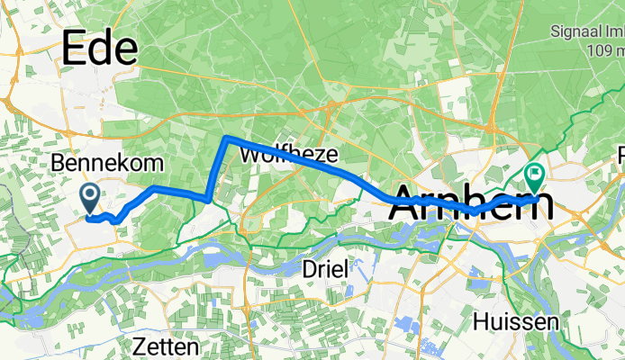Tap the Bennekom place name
pyautogui.click(x=108, y=163)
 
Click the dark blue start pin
pyautogui.click(x=90, y=197)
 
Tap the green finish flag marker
pyautogui.click(x=534, y=175)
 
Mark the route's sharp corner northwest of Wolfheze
pyautogui.click(x=226, y=138)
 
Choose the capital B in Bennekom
pyautogui.click(x=59, y=163)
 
